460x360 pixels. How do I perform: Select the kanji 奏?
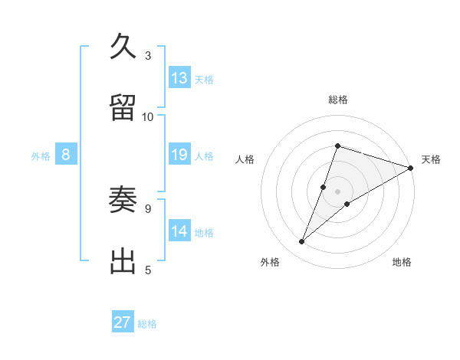coord(124,201)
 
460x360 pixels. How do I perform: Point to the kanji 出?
coord(124,261)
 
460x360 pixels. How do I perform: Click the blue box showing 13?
coord(179,78)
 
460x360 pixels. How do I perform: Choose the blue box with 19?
coord(179,155)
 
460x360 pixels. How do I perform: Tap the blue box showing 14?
coord(179,231)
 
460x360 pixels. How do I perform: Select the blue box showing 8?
coord(66,155)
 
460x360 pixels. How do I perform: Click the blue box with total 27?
coord(123,322)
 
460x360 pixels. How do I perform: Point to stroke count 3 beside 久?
coord(148,55)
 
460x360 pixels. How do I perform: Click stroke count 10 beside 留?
coord(148,116)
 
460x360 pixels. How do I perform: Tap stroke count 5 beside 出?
coord(148,270)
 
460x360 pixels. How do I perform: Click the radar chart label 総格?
coord(337,100)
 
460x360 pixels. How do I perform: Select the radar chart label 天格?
coord(431,159)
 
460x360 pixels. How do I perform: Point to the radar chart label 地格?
coord(402,262)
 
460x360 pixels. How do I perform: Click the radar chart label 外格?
coord(270,262)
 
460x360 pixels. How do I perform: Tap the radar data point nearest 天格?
coord(411,168)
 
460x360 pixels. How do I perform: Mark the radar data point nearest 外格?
coord(302,242)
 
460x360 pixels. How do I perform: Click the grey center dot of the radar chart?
coord(337,191)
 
